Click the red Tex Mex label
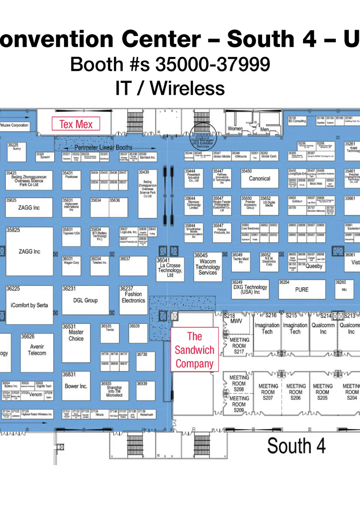[76, 124]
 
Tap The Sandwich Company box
[195, 349]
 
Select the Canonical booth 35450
[259, 178]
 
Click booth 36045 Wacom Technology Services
[208, 267]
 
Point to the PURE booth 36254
[302, 289]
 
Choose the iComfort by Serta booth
[29, 305]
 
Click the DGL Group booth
[85, 300]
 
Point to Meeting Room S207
[268, 392]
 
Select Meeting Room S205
[322, 392]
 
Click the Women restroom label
[235, 129]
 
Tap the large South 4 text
[296, 446]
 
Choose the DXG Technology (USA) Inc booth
[250, 289]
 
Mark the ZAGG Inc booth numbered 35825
[29, 251]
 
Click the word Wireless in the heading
[187, 88]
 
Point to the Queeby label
[314, 266]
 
